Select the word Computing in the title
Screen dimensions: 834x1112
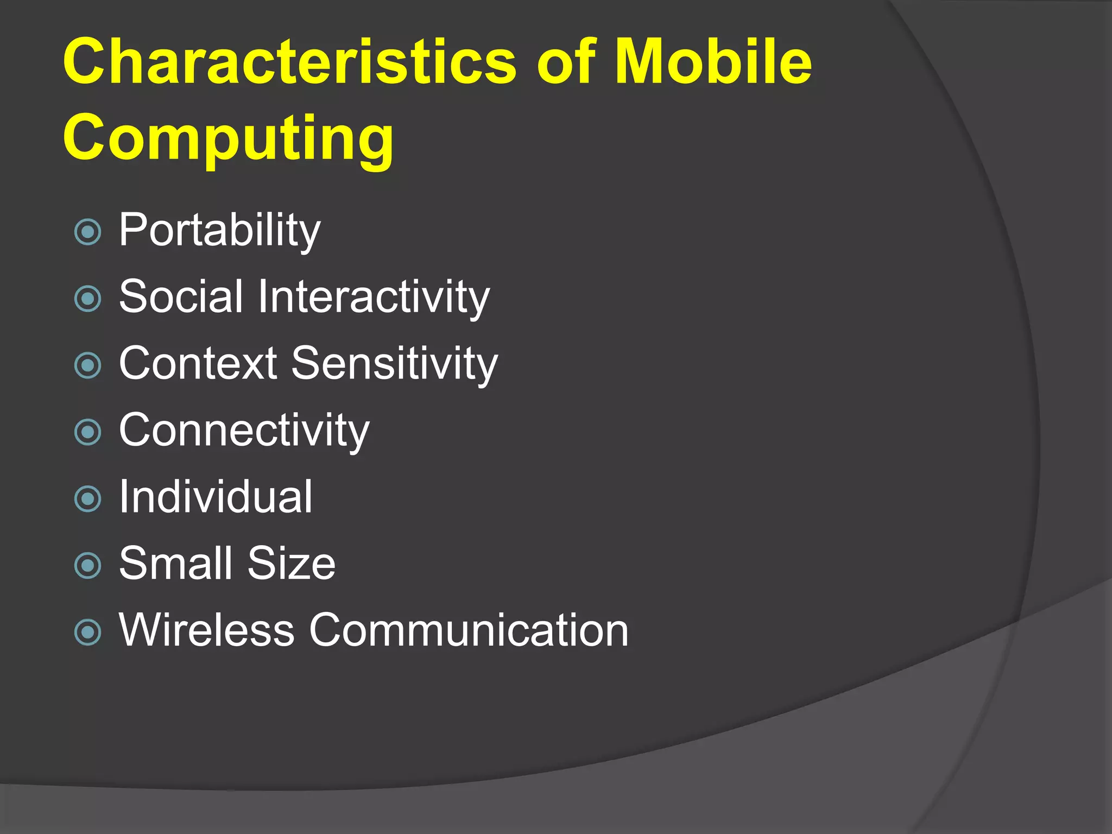point(228,138)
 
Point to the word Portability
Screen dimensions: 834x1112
point(219,230)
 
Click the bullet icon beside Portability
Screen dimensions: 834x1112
point(87,232)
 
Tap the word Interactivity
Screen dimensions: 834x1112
point(374,296)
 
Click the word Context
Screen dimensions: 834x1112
point(198,363)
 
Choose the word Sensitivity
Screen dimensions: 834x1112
point(394,363)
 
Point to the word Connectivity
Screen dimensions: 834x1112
point(244,430)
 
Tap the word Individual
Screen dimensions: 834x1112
point(216,496)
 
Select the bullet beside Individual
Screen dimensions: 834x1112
point(87,499)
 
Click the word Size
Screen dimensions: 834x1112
point(292,563)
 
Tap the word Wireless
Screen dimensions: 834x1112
point(207,630)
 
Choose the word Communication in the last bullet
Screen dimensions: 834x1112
point(469,630)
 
